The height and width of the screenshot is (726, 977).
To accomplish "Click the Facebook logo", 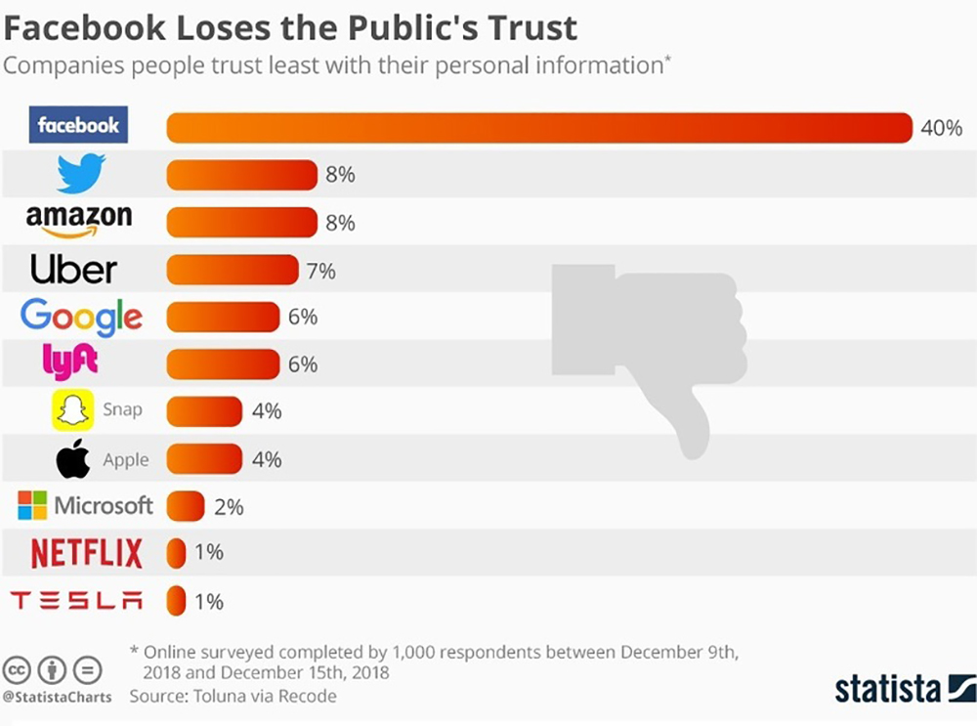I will click(78, 126).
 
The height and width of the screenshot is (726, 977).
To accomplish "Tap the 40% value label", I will click(941, 128).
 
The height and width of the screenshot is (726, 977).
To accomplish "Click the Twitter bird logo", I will click(80, 175).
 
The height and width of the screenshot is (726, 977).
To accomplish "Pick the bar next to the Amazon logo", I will click(242, 223).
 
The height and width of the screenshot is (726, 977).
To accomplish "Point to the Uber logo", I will click(73, 270).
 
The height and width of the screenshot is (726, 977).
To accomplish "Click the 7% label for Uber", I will click(320, 271).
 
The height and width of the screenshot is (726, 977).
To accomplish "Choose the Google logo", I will click(81, 317).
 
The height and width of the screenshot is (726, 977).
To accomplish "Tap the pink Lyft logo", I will click(70, 363).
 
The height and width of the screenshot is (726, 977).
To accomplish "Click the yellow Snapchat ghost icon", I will click(71, 410).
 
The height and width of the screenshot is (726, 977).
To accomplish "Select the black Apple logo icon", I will click(73, 459).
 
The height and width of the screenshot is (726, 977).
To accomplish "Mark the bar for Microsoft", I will click(186, 506).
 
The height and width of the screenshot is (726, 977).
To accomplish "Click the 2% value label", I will click(229, 507).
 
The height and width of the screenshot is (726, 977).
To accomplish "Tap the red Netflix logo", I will click(86, 553).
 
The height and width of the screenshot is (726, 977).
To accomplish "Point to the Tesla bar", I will click(176, 600).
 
